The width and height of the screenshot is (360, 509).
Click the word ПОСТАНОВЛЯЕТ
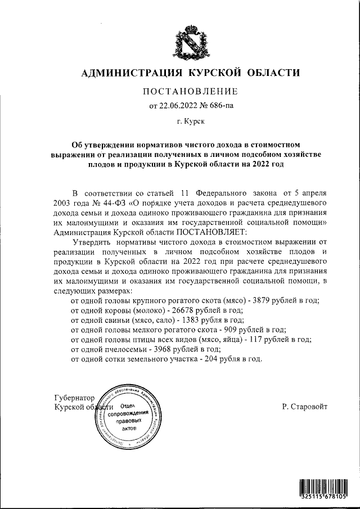coord(210,232)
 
